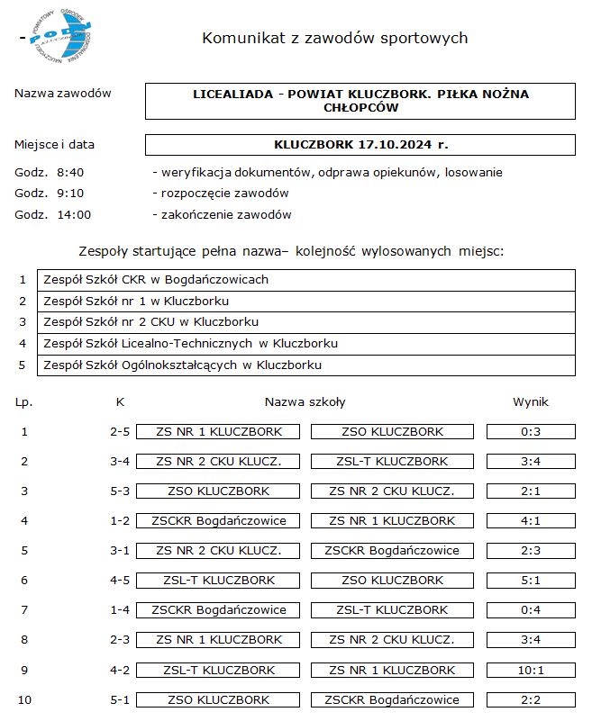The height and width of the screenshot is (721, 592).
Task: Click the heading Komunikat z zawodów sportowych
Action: coord(334,38)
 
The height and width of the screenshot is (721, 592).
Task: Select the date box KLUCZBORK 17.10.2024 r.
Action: coord(360,144)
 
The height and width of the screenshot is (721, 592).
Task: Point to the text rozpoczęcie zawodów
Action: coord(224,194)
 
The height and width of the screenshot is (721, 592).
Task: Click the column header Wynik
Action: coord(530,402)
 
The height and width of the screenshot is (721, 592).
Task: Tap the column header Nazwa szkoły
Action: coord(305,402)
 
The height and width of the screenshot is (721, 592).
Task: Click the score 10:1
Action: coord(530,670)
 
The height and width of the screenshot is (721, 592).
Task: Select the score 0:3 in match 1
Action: coord(530,432)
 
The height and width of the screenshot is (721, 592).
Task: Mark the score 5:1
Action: coord(530,581)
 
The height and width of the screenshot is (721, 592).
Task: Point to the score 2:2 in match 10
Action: coord(530,699)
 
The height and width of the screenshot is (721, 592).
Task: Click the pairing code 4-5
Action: coord(120,581)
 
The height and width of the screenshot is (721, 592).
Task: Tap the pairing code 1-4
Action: coord(120,610)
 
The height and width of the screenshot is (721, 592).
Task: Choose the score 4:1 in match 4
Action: coord(530,521)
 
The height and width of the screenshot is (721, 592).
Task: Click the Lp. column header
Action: coord(24,402)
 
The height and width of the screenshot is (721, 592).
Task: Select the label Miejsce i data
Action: coord(54,144)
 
